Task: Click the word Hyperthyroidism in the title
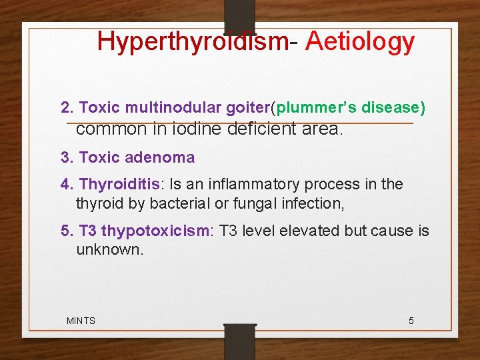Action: coord(193,41)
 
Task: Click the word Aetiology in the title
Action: coord(360,41)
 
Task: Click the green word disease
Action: coord(393,108)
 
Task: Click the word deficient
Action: coord(262,129)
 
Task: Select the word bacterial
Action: coord(197,203)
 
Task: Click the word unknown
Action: coord(109,250)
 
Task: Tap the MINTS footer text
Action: coord(81,321)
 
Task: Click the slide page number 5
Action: coord(411,321)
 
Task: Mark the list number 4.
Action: coord(65,184)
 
